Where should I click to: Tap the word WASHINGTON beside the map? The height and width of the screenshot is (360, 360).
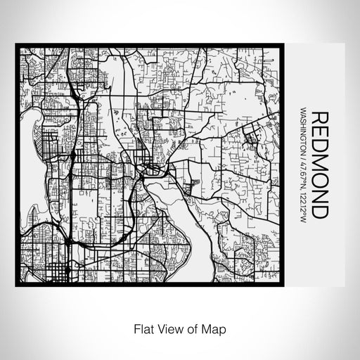[x=303, y=134]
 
